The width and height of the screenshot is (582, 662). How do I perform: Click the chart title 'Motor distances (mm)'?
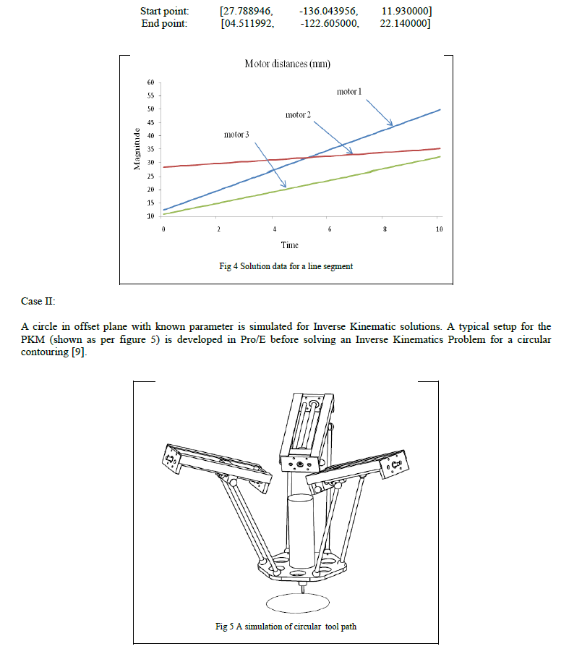287,64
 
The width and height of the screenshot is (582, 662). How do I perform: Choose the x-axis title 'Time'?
290,245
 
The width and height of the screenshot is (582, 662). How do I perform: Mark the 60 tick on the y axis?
150,82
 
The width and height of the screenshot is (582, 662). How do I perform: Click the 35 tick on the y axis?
150,149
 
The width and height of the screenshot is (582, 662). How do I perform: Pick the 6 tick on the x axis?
329,229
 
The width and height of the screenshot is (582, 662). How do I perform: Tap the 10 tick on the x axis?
440,229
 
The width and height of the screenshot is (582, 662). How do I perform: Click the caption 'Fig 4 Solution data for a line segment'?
286,266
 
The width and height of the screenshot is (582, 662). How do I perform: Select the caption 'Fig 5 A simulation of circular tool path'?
286,627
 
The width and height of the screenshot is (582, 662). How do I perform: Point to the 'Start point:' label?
164,12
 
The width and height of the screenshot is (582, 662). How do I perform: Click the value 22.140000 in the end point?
405,23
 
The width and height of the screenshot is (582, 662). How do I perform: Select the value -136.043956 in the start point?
328,12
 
